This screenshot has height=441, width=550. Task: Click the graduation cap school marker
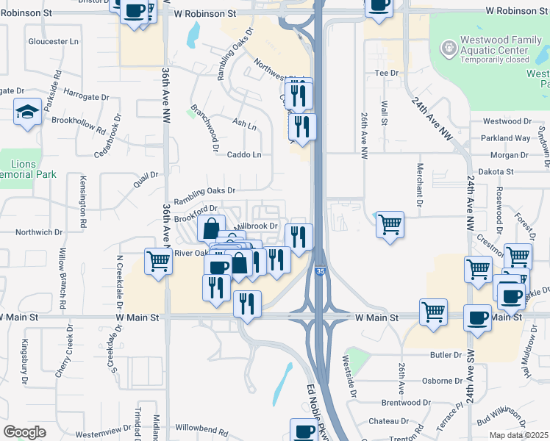[x=27, y=112]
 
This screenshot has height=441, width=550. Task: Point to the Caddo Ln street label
[x=244, y=155]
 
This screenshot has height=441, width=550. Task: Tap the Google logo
[x=25, y=432]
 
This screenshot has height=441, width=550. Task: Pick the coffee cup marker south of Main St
[x=477, y=318]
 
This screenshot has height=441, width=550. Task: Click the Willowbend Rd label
[x=201, y=428]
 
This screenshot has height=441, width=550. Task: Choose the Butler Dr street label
[x=446, y=354]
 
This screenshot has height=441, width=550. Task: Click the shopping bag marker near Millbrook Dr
[x=211, y=227]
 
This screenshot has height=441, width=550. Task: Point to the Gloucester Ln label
[x=52, y=42]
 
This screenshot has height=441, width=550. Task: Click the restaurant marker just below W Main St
[x=247, y=302]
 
